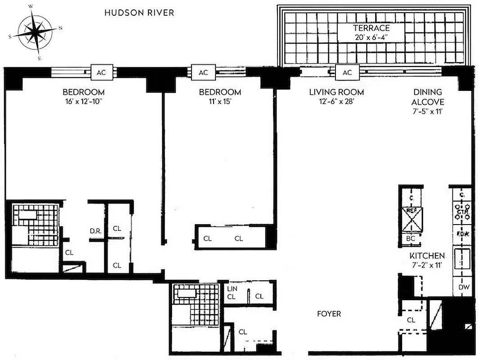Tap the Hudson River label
139,13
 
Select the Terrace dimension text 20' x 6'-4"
371,38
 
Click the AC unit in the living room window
347,72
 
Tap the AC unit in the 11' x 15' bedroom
203,72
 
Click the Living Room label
336,92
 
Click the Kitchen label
427,256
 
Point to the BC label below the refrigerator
411,239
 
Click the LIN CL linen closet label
232,292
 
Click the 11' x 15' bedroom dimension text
220,102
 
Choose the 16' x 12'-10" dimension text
84,102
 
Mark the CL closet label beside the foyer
411,320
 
